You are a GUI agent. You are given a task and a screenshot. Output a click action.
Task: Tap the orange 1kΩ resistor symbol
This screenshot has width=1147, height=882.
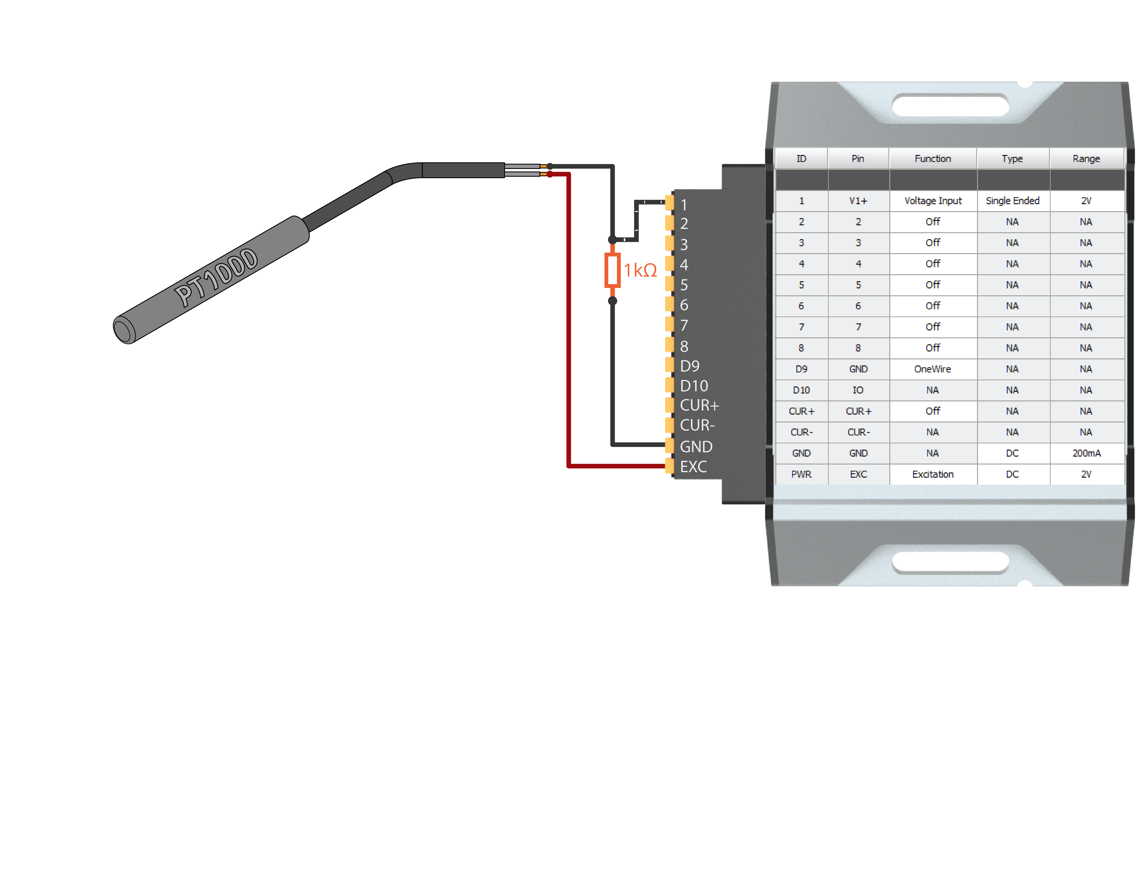coord(612,270)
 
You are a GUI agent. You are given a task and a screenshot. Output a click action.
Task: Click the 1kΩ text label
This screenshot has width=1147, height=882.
coord(640,270)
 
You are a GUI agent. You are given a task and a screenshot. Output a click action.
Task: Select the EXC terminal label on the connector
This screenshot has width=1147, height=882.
coord(693,467)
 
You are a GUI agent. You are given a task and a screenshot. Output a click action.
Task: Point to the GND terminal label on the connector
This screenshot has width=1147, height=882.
coord(696,447)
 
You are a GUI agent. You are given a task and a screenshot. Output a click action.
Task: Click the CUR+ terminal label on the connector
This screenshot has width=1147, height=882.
coord(699,405)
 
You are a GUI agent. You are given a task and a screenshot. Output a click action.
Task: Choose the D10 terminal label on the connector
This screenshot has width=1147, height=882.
coord(694,386)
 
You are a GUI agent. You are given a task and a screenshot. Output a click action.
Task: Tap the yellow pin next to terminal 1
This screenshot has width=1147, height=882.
coord(670,202)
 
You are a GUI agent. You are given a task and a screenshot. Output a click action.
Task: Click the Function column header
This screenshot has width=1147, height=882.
coord(933,158)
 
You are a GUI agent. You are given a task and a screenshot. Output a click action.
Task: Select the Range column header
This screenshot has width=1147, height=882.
coord(1086,158)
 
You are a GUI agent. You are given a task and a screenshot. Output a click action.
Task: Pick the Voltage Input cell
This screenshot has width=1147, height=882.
coord(933,201)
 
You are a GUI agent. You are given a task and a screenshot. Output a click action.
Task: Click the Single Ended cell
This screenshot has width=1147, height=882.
coord(1012,201)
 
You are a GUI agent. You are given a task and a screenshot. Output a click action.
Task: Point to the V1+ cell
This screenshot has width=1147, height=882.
coord(858,201)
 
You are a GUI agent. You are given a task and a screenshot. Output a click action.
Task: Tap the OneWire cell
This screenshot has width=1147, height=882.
coord(933,369)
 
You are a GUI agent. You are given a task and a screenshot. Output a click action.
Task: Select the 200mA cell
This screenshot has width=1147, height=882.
coord(1086,453)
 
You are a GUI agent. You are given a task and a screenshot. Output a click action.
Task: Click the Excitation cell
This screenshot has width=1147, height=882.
coord(933,474)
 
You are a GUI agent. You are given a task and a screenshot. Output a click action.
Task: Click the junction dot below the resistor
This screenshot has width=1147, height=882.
coord(612,301)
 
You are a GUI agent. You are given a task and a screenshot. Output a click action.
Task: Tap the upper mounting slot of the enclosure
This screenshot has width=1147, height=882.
coord(951,105)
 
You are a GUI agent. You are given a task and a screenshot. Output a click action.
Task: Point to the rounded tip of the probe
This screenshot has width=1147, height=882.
coord(124,331)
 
